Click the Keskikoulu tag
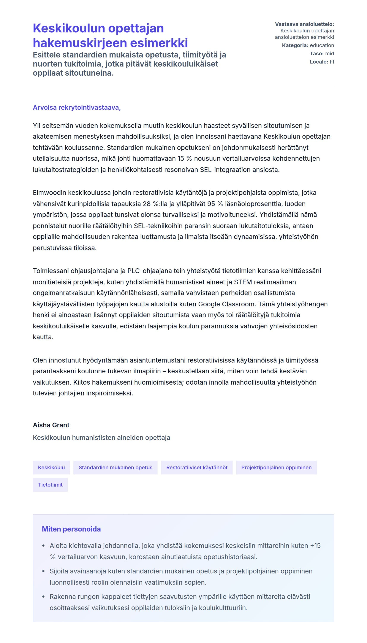[x=51, y=467]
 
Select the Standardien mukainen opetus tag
[x=115, y=467]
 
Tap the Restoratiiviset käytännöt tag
[x=197, y=467]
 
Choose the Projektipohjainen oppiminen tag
[x=276, y=467]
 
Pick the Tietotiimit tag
[x=50, y=485]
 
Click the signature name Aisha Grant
[x=51, y=425]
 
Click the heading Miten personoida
[x=71, y=529]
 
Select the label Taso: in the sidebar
[x=316, y=54]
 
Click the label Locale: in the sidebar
[x=319, y=62]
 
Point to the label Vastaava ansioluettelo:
[x=304, y=24]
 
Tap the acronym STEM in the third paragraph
[x=243, y=282]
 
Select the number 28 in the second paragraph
[x=147, y=204]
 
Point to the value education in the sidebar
[x=322, y=45]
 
